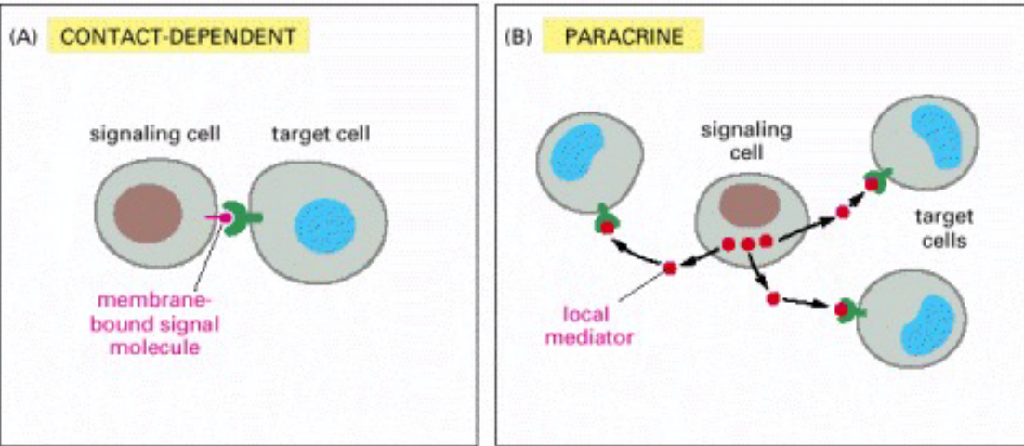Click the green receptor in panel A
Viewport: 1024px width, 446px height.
tap(244, 220)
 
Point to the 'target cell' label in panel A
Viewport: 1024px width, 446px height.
tap(321, 134)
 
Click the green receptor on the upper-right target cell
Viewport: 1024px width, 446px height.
tap(873, 179)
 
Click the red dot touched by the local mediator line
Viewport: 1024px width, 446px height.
tap(670, 269)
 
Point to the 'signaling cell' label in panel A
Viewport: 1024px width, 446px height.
tap(154, 134)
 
